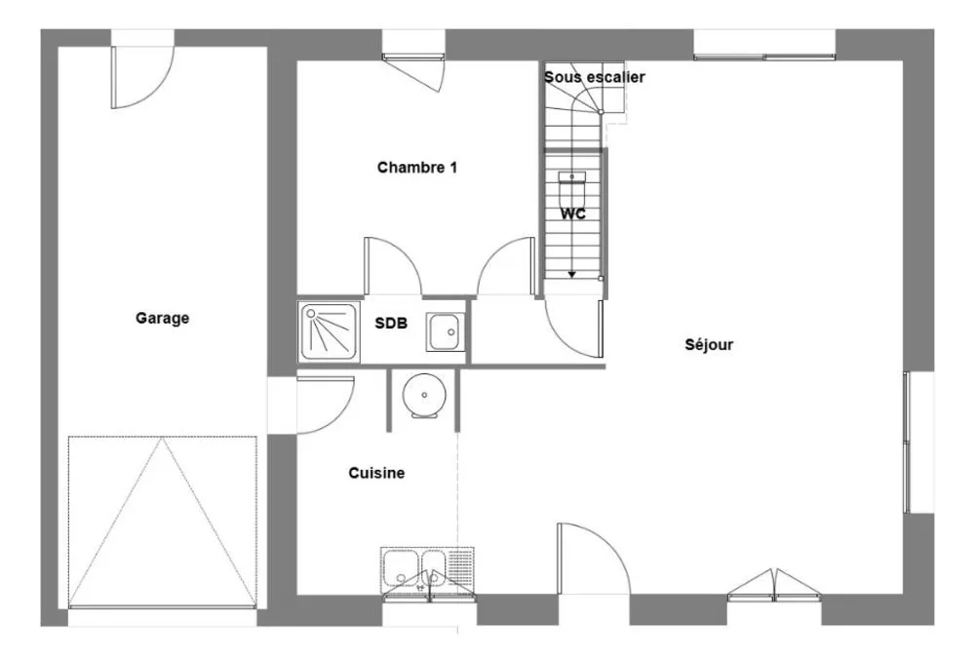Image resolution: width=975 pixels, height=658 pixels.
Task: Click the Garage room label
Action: (x=162, y=319)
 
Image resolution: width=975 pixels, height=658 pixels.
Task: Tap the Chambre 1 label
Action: (x=417, y=168)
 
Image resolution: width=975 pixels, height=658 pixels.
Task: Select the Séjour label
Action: (x=709, y=344)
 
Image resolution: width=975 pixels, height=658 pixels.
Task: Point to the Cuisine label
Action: (x=376, y=474)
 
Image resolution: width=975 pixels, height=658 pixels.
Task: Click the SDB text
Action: (x=391, y=324)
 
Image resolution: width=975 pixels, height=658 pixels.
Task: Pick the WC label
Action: (x=572, y=213)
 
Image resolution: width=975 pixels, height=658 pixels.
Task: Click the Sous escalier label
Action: (x=595, y=77)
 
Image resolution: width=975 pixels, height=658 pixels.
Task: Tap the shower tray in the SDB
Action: (x=329, y=331)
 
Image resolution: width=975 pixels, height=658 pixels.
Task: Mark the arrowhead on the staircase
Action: (x=571, y=274)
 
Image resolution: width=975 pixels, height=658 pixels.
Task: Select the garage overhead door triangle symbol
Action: (x=162, y=522)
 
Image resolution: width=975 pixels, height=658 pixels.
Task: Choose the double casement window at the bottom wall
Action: (x=774, y=586)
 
